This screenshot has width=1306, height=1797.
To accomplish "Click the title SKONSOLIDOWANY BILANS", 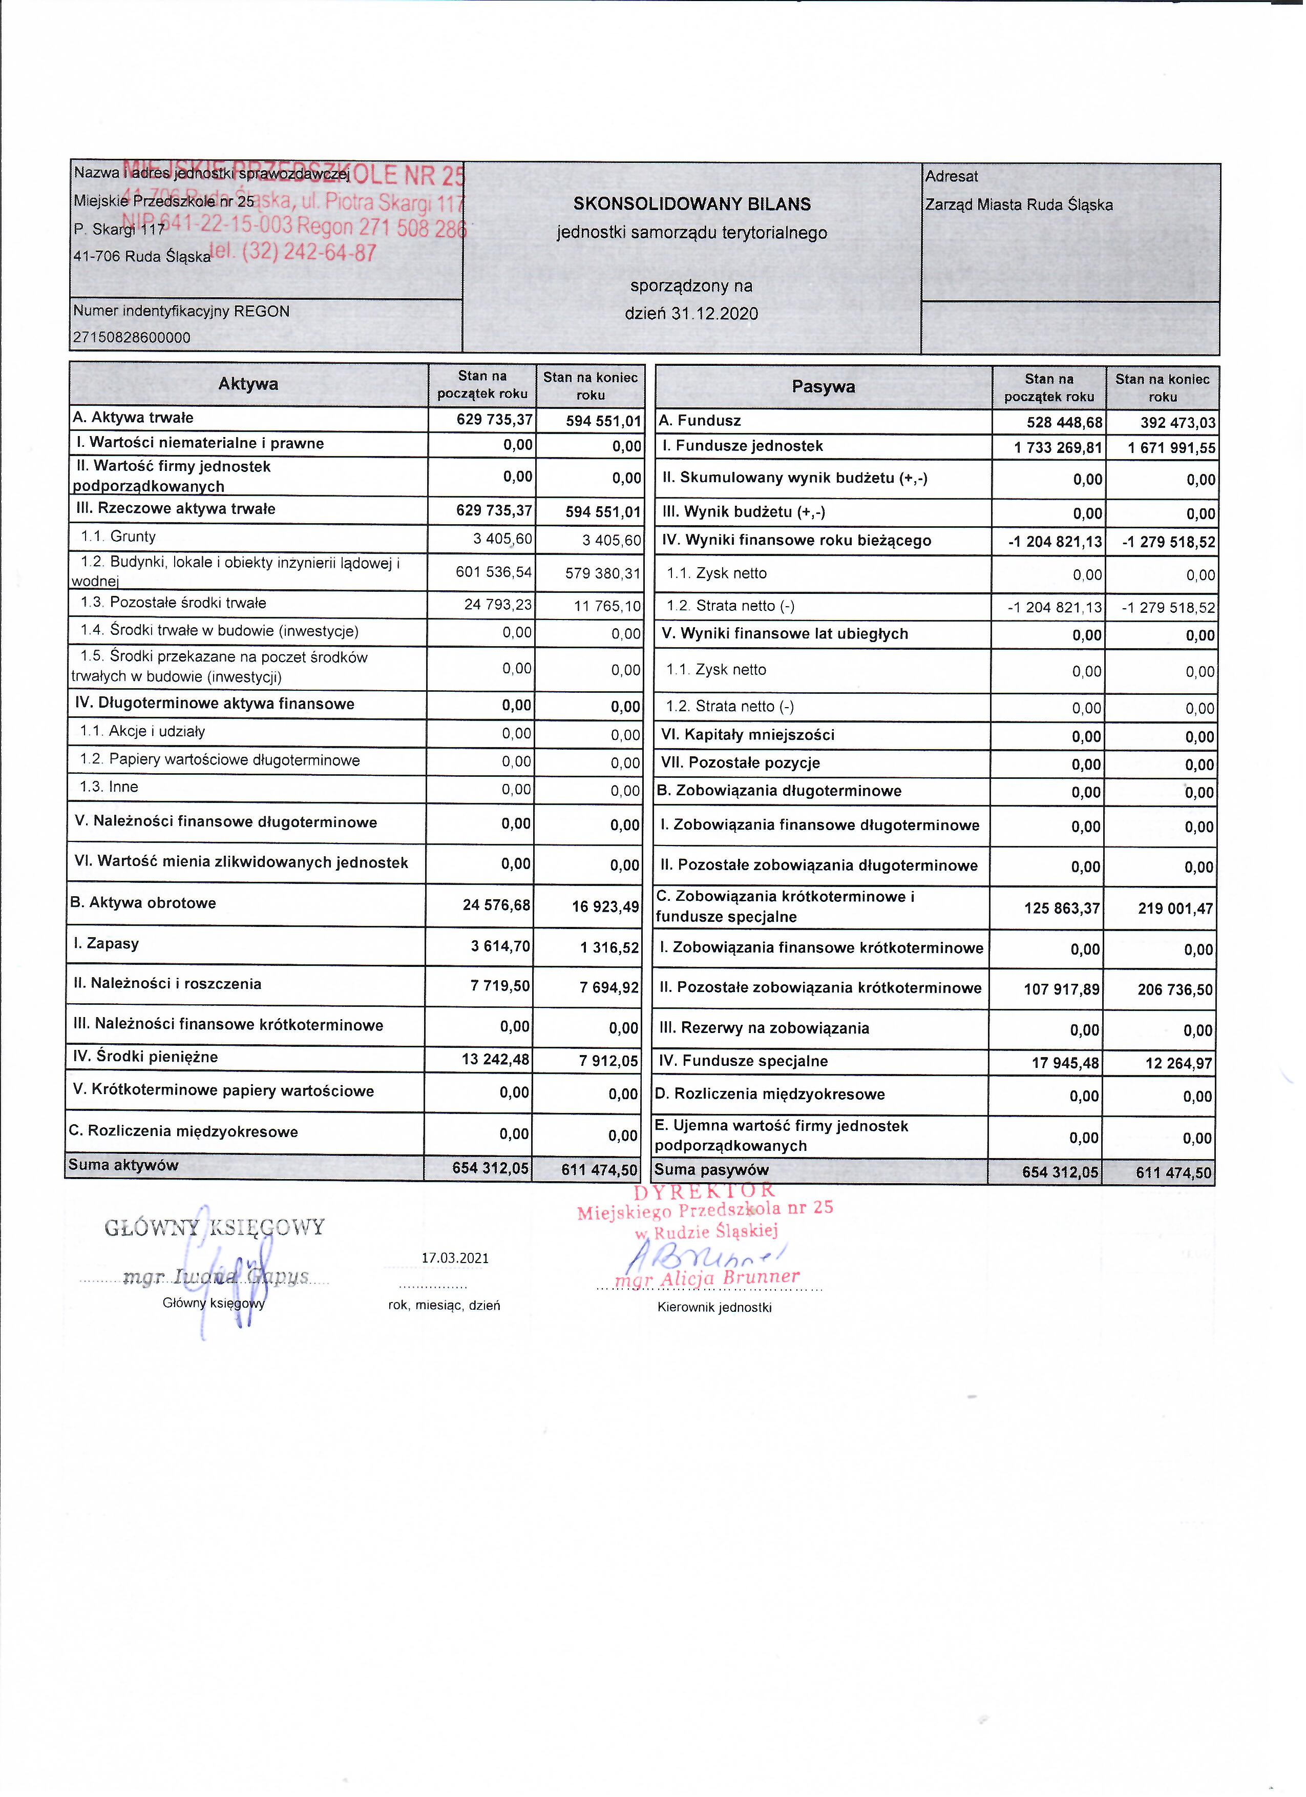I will (x=691, y=204).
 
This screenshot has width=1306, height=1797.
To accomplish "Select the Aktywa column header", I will (x=248, y=384).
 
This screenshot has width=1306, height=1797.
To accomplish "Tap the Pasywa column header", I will (x=823, y=387).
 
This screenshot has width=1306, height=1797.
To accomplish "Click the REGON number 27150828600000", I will (x=132, y=338).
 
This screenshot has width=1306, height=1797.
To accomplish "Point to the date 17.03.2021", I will (x=455, y=1257).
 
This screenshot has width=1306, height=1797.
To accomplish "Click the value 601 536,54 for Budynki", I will (x=493, y=572).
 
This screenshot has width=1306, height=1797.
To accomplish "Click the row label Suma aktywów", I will (x=123, y=1165).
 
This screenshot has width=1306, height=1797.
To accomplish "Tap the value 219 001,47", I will (x=1175, y=909).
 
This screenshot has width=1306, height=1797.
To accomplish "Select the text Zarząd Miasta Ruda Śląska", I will (x=1019, y=205).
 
